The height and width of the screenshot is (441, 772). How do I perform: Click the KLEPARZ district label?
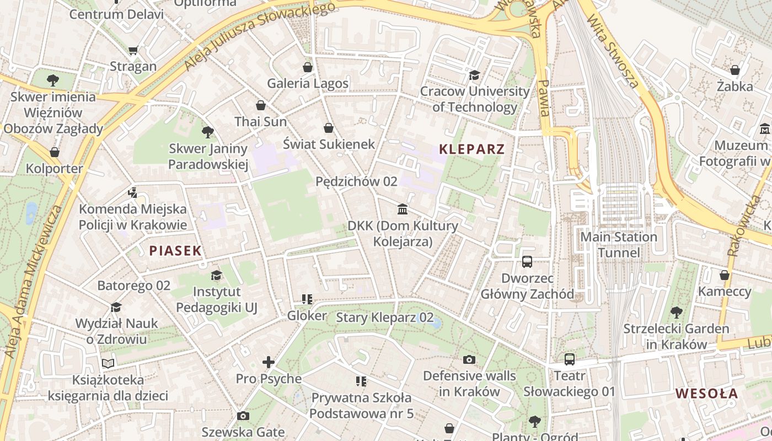click(x=471, y=149)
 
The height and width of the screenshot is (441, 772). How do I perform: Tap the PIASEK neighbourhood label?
click(x=175, y=251)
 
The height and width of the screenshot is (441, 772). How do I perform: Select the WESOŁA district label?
click(x=706, y=394)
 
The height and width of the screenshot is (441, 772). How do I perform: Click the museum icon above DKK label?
click(x=403, y=209)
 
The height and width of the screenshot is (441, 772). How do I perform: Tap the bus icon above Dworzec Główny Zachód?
click(x=527, y=262)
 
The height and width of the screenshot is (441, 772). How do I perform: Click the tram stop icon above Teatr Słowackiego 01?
click(x=570, y=359)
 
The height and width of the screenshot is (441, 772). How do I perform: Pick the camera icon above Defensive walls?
click(x=469, y=359)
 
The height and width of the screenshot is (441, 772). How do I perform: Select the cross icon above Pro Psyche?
click(x=269, y=362)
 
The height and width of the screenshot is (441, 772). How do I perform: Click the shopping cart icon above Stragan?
click(x=133, y=51)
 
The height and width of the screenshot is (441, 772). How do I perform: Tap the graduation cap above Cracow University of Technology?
click(x=474, y=75)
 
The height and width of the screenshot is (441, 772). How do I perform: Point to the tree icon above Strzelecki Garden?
click(x=676, y=313)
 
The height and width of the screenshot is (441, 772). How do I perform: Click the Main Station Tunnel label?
click(x=619, y=245)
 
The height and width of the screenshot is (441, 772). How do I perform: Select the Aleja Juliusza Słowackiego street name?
click(x=259, y=36)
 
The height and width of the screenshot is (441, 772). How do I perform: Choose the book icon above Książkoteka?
click(x=108, y=363)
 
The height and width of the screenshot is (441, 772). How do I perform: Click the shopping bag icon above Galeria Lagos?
click(x=308, y=67)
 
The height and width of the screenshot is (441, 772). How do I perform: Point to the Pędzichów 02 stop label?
click(x=356, y=181)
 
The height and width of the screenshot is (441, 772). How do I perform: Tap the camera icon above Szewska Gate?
click(x=243, y=416)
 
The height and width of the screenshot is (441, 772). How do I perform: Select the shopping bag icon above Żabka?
click(x=735, y=70)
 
